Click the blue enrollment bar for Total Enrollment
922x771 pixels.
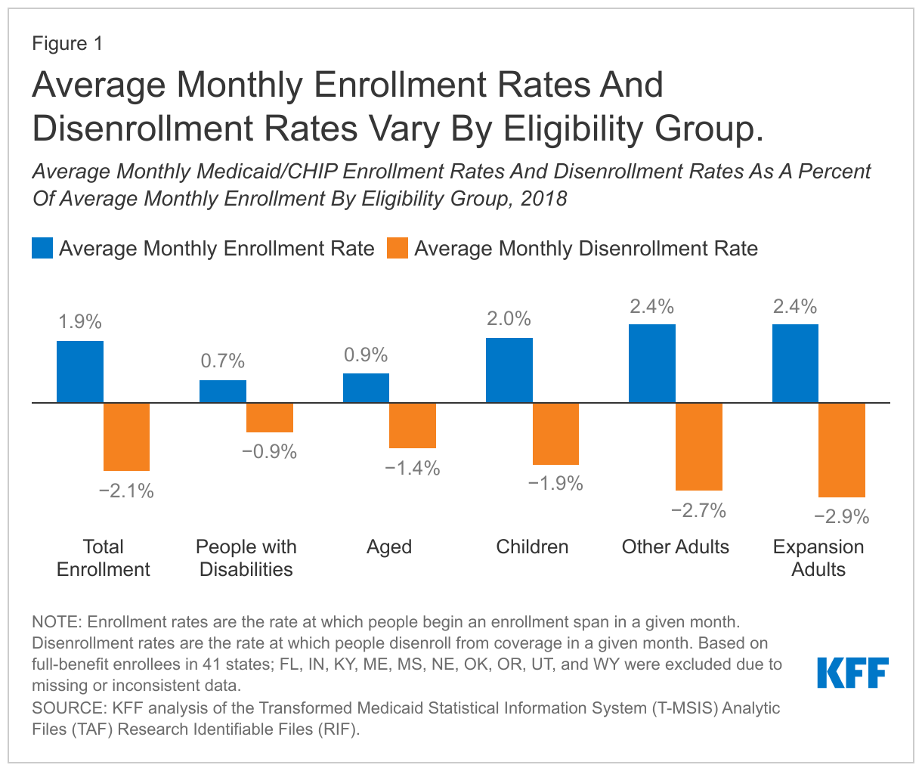coord(80,372)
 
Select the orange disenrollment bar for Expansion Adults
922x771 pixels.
coord(842,450)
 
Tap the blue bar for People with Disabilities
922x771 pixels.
coord(223,392)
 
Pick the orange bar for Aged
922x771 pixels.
coord(413,426)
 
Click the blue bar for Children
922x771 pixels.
coord(509,370)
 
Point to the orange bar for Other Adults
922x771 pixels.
coord(699,447)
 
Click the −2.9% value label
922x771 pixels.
coord(841,518)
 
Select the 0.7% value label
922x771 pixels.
coord(223,361)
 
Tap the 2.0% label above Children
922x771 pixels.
coord(509,319)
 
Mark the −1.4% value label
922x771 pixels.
coord(412,469)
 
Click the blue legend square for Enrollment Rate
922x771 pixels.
coord(42,248)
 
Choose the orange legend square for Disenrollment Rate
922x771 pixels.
coord(397,248)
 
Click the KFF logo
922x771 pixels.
coord(852,673)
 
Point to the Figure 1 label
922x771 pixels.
coord(67,44)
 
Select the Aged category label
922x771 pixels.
coord(389,547)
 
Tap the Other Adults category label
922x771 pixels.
coord(676,547)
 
